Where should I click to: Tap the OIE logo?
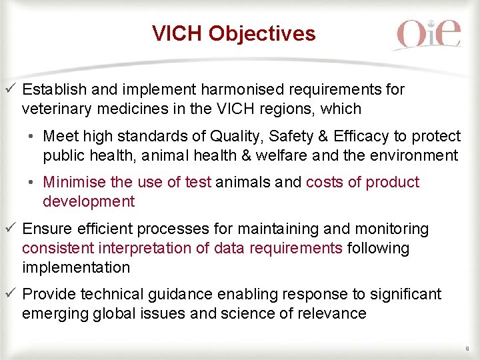427,34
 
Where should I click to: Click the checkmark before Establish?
9,89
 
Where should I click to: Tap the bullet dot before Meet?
31,137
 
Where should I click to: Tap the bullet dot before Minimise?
31,183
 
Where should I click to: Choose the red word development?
89,201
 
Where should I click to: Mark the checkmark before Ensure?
9,229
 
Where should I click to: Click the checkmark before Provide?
9,294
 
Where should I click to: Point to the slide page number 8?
467,347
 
